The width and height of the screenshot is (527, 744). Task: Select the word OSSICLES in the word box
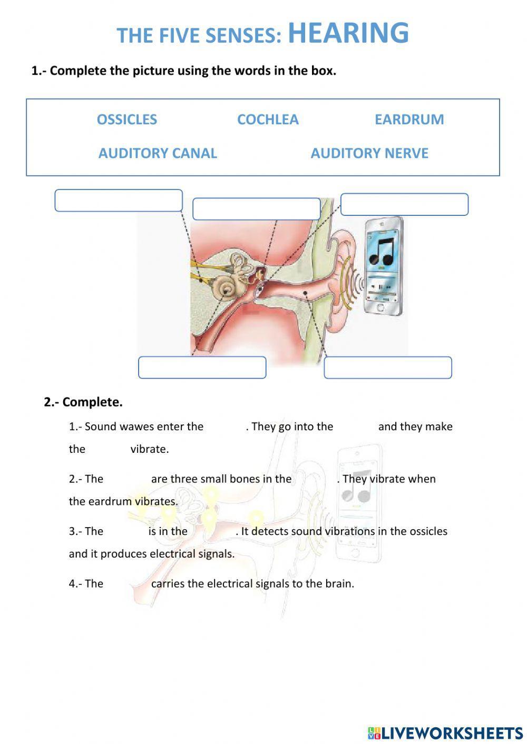pos(126,120)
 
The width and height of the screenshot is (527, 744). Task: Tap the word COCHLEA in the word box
pos(268,120)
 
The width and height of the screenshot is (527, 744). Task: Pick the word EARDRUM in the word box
pos(409,120)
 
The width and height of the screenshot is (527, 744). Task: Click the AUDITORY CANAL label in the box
pos(158,153)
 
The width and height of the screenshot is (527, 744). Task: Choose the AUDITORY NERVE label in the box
pos(369,153)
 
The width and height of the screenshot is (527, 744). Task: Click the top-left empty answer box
pos(119,201)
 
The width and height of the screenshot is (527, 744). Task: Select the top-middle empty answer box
pos(257,209)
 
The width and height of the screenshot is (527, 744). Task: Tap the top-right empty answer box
pos(404,204)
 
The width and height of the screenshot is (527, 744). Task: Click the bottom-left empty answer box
pos(202,368)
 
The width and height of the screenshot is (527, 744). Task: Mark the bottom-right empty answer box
pos(387,368)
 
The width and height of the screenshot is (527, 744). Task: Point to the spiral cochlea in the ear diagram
pos(225,287)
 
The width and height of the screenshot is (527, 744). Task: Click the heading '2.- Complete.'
pos(83,402)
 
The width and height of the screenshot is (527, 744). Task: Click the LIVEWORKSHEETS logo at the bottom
pos(445,732)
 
